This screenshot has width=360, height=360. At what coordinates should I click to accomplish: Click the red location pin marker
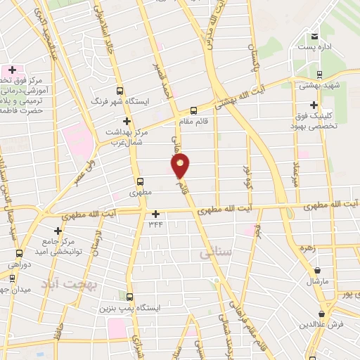coord(181,167)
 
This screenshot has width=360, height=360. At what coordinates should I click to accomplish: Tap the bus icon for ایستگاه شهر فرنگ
coord(120,91)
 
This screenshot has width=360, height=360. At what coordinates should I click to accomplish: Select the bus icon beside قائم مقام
coord(194,110)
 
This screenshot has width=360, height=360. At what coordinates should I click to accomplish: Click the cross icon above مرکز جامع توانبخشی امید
coord(58,231)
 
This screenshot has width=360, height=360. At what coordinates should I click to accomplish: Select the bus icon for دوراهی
coord(19,253)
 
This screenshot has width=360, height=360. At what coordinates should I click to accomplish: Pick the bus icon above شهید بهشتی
coord(319,74)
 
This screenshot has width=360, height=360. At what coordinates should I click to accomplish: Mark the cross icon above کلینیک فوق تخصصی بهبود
coord(314,105)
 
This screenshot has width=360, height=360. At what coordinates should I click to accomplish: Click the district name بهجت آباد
coord(82,283)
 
